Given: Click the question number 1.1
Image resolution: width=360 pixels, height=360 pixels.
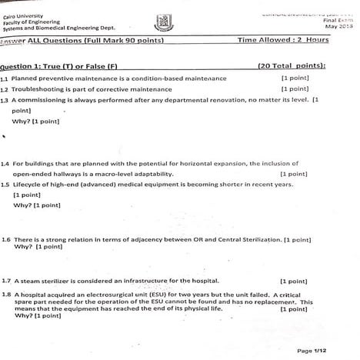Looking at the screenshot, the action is click(5, 78).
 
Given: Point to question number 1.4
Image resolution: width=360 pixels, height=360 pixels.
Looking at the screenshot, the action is click(5, 164).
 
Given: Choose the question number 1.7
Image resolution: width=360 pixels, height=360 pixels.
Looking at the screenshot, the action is click(6, 281).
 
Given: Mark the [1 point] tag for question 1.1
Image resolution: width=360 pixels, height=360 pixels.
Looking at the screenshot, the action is click(295, 78).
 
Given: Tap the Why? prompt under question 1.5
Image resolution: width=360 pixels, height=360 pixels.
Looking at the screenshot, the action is click(21, 205).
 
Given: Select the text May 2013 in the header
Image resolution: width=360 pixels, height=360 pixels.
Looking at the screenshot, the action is click(338, 27).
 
